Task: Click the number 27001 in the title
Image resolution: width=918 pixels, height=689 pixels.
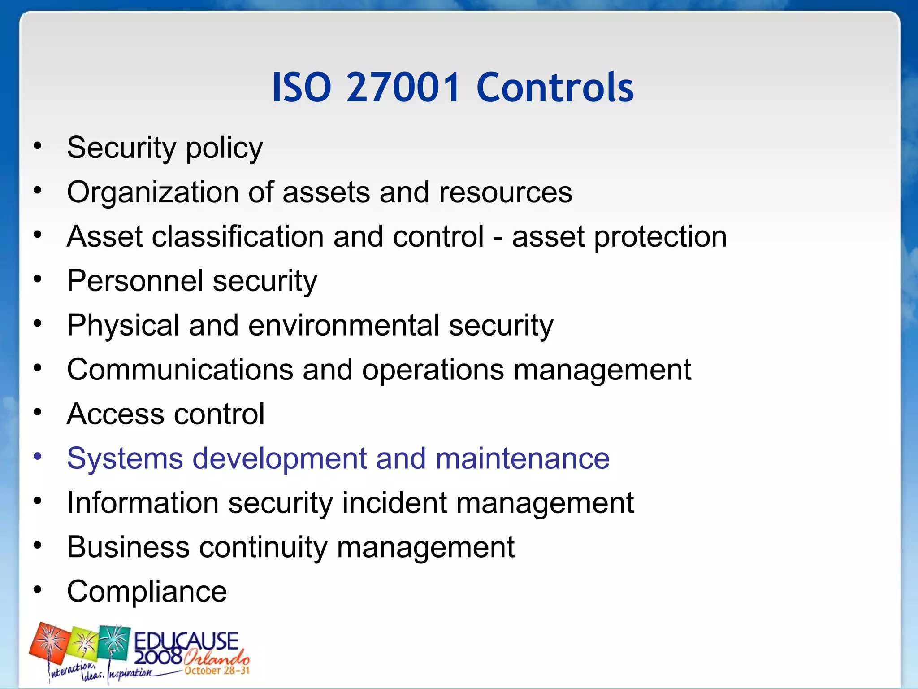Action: [x=403, y=87]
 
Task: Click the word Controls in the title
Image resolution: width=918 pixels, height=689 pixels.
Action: [x=555, y=87]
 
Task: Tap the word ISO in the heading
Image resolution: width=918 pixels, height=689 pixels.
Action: [x=302, y=87]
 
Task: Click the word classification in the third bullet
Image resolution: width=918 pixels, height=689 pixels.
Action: [x=238, y=237]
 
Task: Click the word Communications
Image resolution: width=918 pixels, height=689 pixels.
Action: [x=180, y=370]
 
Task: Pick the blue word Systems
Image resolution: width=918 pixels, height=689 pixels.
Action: [x=125, y=459]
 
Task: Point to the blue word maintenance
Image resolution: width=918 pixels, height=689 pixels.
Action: [x=522, y=458]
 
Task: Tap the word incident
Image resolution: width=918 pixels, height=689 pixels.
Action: [x=394, y=503]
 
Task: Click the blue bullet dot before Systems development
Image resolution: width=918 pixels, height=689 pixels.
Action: [x=38, y=457]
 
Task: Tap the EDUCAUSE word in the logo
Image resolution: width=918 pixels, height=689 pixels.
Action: [x=186, y=640]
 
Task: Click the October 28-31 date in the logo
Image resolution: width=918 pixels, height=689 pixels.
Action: [x=217, y=671]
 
